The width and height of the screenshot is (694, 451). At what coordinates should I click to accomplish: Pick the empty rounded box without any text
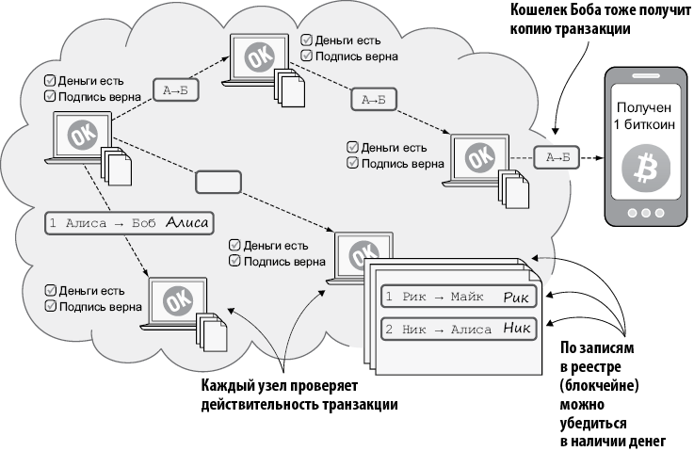(218, 180)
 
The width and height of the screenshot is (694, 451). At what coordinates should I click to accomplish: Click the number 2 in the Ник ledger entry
(389, 330)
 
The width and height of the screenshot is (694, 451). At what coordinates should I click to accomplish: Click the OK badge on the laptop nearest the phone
(480, 156)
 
